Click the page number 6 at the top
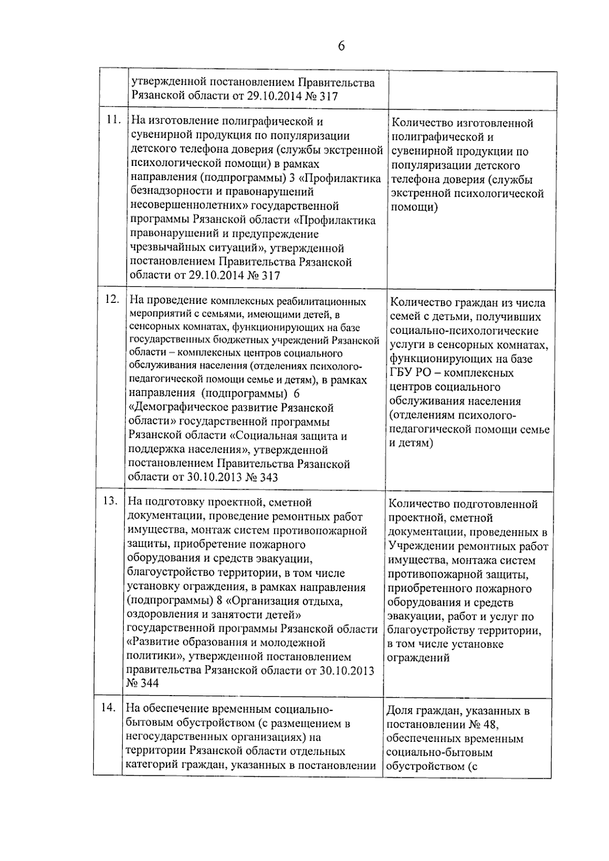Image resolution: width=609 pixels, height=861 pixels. pos(341,46)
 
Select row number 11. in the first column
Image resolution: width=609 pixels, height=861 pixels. pos(113,120)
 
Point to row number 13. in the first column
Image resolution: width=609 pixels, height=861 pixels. pos(110,501)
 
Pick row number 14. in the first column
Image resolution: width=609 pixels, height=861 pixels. pos(108,707)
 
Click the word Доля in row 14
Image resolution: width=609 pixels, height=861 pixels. pos(400,711)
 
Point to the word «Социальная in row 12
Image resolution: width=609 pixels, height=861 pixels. pos(276,436)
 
